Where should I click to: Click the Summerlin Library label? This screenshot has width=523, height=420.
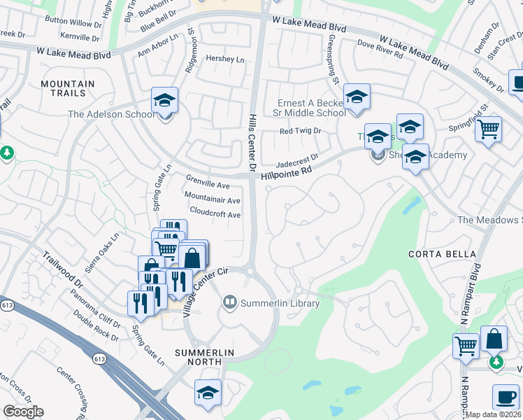(x=280, y=303)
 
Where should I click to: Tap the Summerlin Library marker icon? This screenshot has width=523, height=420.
(x=229, y=303)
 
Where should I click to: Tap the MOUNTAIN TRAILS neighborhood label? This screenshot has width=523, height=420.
(x=67, y=89)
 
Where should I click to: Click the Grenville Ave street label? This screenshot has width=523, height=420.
(x=208, y=185)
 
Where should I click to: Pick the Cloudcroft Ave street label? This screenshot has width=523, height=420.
(x=215, y=214)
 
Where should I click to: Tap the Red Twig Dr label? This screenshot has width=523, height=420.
(x=300, y=131)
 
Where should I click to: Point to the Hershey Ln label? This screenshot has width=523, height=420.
(x=225, y=59)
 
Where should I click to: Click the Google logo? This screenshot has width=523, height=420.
(x=23, y=412)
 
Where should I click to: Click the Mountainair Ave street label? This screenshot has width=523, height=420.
(x=212, y=199)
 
